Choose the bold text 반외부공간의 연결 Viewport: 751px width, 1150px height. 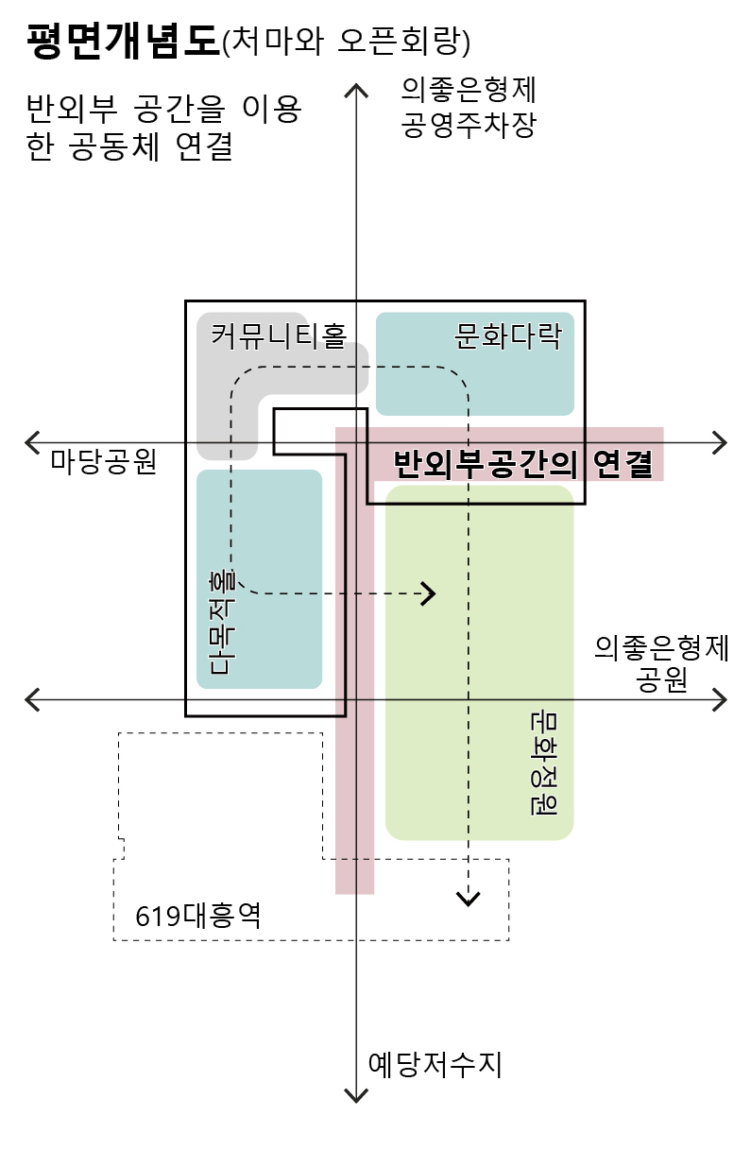[522, 463]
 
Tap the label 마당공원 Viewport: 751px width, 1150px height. [103, 462]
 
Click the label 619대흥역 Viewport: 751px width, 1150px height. [197, 916]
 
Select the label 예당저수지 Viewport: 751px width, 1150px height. [435, 1065]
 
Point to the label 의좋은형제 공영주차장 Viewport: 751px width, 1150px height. [469, 108]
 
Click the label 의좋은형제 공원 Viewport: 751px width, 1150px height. [661, 664]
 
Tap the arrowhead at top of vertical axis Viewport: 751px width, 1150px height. [355, 90]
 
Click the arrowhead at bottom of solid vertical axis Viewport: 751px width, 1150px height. [355, 1096]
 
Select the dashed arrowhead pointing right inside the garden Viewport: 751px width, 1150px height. [430, 593]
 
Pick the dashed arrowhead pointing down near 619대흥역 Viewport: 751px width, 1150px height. [467, 898]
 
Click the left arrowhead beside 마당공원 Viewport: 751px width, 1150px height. [32, 441]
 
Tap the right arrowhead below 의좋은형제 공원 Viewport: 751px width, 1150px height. [720, 699]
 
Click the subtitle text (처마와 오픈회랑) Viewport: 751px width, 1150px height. [345, 43]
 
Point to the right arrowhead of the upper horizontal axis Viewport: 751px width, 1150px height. [720, 441]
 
